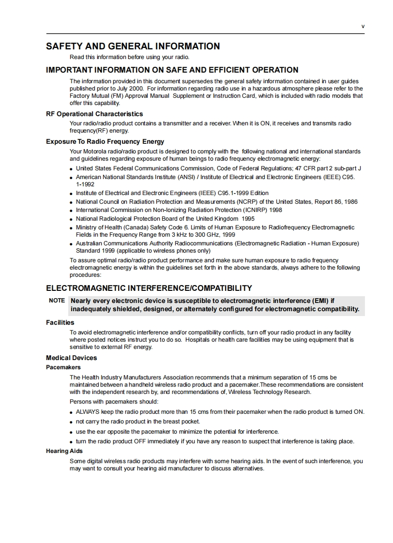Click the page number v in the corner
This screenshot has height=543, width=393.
tap(363, 26)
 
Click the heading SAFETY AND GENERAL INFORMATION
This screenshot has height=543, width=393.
tap(133, 46)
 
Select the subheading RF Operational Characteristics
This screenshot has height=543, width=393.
tap(94, 114)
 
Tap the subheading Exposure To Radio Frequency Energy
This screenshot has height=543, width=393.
tap(105, 142)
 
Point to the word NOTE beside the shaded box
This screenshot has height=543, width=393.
tap(57, 301)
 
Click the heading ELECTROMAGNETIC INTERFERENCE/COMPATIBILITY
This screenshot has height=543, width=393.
tap(149, 288)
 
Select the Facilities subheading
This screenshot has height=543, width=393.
tap(60, 322)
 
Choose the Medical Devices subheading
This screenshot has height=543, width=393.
tap(71, 358)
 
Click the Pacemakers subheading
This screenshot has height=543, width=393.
tap(63, 367)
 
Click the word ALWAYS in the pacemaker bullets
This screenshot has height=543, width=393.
tap(88, 412)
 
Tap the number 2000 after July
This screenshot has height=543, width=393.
tap(136, 89)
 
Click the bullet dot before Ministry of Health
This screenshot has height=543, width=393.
tap(71, 228)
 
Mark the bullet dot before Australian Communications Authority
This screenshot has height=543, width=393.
tap(71, 244)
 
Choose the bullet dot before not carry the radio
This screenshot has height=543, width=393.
tap(71, 422)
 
